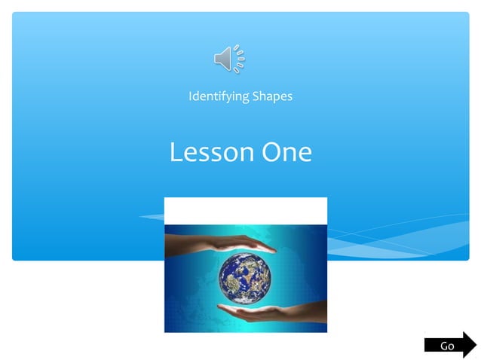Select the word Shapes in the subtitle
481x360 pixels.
(271, 97)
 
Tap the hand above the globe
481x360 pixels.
(219, 243)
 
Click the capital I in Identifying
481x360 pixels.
(190, 96)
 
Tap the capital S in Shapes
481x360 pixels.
(253, 96)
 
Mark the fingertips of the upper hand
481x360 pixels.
(273, 249)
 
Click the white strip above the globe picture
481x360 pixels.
(245, 211)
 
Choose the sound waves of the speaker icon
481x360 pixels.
(239, 59)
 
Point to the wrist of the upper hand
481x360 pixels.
(172, 239)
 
